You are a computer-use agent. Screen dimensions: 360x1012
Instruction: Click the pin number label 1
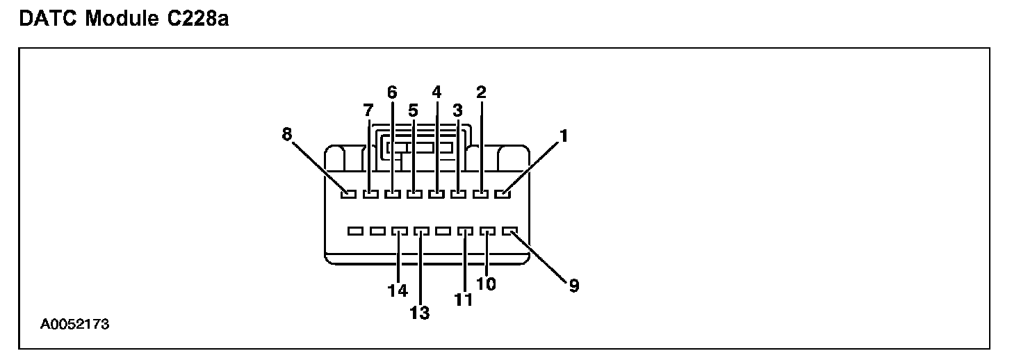tap(564, 136)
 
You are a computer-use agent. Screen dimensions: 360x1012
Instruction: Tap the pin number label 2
tap(480, 92)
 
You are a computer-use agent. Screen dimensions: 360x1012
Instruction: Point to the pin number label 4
tap(436, 92)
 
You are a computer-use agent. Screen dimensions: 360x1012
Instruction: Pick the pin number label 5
tap(413, 110)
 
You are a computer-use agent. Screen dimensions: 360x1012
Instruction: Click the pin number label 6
tap(392, 92)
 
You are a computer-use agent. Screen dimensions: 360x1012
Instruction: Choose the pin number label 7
tap(368, 110)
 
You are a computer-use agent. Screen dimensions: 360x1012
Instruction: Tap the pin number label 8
tap(287, 134)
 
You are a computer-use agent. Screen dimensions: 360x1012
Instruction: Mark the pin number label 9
tap(573, 285)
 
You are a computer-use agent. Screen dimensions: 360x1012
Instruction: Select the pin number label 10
tap(487, 284)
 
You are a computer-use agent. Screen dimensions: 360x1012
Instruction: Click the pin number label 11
tap(464, 299)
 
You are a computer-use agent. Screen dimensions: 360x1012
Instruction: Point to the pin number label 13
tap(420, 313)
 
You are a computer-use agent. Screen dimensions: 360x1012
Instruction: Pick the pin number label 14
tap(397, 291)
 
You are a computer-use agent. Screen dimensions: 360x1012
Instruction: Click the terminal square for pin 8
tap(349, 195)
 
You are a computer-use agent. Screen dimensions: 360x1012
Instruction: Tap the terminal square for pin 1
tap(502, 195)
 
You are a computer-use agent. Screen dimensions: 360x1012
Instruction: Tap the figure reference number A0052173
tap(74, 324)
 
